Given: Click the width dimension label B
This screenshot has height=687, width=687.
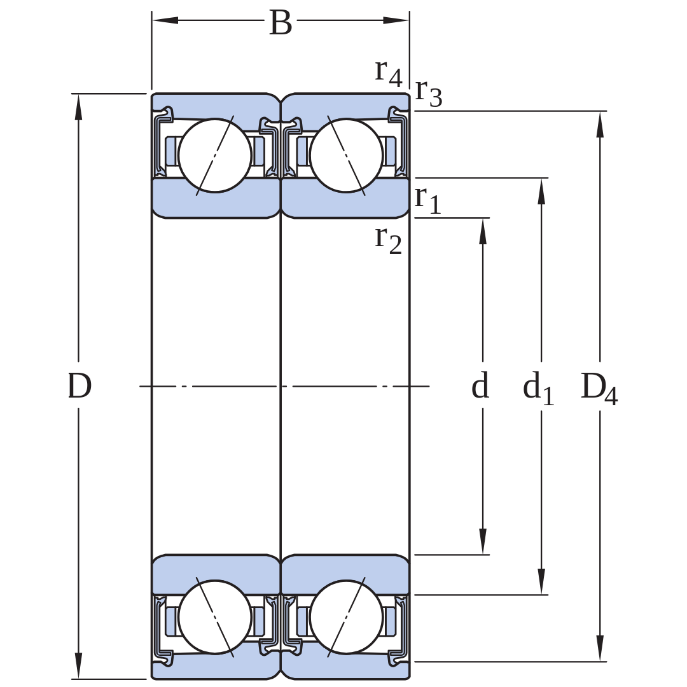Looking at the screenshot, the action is tap(281, 23).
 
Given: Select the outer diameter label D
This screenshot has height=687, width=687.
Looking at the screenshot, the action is tap(80, 386).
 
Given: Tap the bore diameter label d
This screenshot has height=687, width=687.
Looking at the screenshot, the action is tap(480, 385).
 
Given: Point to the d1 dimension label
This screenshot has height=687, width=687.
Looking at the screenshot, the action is tap(539, 388).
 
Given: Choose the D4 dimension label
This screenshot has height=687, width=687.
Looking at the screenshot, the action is tap(599, 389).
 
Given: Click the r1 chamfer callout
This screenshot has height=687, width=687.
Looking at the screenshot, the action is tap(427, 200).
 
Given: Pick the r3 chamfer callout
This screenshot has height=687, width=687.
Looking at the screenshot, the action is tap(429, 94).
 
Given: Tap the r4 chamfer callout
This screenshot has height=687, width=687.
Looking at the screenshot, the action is tap(389, 73).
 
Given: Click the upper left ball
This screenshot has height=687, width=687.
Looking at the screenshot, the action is tap(215, 156).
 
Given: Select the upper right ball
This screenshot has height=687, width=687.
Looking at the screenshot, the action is tap(346, 156).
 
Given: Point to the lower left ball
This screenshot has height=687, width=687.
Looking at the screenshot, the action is tap(215, 617).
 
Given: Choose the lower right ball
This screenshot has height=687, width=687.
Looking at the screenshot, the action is tap(346, 617).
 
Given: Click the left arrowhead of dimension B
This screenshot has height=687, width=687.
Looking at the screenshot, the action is tap(165, 20).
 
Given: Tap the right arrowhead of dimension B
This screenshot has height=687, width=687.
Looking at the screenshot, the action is tap(396, 20).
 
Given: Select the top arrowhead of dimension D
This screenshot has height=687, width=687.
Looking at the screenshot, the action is tap(78, 107).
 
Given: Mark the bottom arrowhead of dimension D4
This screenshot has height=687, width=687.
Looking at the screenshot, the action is tap(600, 648).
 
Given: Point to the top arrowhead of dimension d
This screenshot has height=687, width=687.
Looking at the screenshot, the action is tap(483, 231).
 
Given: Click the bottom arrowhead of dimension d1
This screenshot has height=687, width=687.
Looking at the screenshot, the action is tap(541, 581).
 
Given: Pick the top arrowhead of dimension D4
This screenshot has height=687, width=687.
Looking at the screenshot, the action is tap(600, 125).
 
